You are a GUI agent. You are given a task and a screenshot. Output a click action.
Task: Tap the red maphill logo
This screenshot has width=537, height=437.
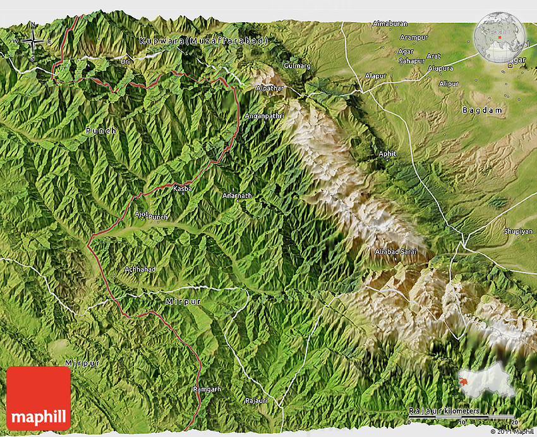[39, 398]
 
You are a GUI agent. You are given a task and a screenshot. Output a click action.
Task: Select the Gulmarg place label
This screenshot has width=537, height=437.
[298, 66]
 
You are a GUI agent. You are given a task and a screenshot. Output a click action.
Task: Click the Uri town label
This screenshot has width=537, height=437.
[125, 61]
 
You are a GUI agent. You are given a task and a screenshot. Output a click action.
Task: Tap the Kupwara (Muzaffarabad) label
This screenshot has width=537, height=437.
[203, 41]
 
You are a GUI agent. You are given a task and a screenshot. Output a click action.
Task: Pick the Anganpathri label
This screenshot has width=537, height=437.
[264, 116]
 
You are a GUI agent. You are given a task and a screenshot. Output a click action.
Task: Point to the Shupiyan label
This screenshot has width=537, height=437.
[519, 232]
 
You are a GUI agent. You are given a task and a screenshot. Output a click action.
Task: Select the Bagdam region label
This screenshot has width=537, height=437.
[483, 110]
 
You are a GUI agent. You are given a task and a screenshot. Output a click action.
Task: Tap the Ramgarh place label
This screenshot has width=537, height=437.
[207, 390]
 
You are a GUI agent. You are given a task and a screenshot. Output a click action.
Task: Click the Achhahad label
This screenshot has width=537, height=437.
[140, 269]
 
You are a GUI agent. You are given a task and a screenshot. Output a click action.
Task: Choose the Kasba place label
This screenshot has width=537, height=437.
[181, 188]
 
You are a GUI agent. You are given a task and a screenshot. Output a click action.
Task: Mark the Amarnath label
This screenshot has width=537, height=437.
[237, 196]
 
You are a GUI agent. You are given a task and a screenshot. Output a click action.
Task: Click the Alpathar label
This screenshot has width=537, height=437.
[270, 89]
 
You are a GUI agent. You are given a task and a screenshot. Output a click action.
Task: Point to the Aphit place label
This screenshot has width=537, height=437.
[387, 154]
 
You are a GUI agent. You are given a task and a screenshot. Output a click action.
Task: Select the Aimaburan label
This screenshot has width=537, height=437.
[390, 24]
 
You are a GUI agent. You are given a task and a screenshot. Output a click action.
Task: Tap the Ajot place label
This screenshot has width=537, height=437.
[140, 214]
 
